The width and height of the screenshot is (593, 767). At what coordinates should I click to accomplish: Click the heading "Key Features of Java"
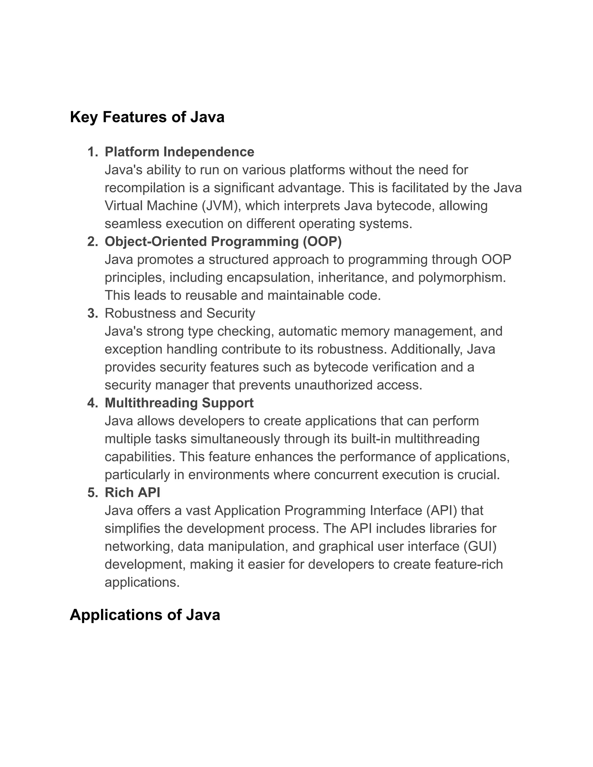[x=147, y=117]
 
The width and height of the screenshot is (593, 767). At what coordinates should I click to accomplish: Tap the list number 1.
[x=92, y=152]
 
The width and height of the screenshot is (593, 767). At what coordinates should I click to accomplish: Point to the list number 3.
[x=92, y=313]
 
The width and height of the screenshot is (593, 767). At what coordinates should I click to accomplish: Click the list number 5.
[x=92, y=492]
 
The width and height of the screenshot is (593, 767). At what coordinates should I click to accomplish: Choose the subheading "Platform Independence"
[x=179, y=152]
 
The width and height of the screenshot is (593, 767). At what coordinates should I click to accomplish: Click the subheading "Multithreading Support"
[x=179, y=403]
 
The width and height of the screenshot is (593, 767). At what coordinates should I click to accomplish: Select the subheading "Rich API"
[x=132, y=492]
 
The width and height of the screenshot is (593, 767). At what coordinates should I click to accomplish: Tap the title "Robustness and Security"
[x=180, y=313]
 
